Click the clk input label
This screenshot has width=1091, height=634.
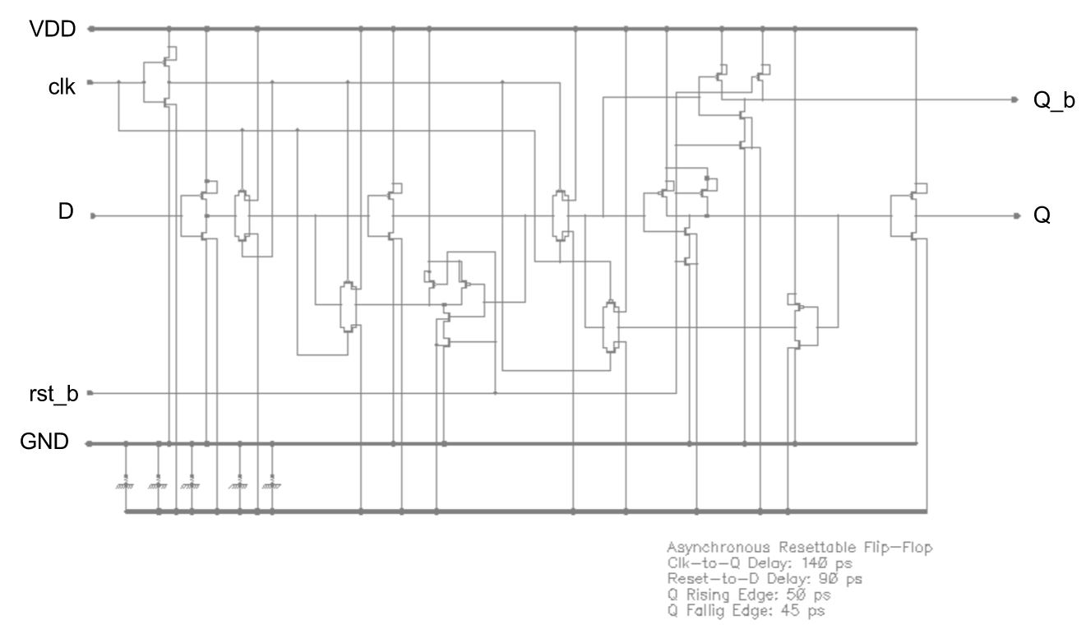pyautogui.click(x=62, y=87)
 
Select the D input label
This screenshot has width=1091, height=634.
pyautogui.click(x=65, y=212)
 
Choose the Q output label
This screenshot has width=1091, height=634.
pyautogui.click(x=1042, y=217)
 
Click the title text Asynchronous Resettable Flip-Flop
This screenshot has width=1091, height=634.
pyautogui.click(x=797, y=548)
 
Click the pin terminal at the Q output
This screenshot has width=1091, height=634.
pyautogui.click(x=1016, y=216)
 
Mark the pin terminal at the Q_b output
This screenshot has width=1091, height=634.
pyautogui.click(x=1016, y=99)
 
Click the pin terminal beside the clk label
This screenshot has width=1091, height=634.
pyautogui.click(x=90, y=82)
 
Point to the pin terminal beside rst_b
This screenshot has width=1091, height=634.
pyautogui.click(x=90, y=393)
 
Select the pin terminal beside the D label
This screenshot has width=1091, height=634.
pyautogui.click(x=92, y=216)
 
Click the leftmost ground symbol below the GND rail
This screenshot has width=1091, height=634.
pyautogui.click(x=126, y=482)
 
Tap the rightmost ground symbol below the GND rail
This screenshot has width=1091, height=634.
pyautogui.click(x=272, y=482)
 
